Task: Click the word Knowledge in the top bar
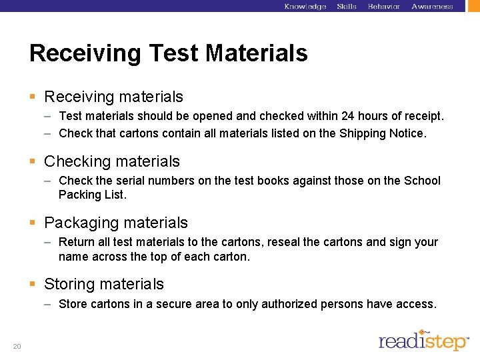pyautogui.click(x=305, y=7)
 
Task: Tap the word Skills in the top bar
pyautogui.click(x=347, y=7)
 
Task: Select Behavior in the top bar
pyautogui.click(x=384, y=7)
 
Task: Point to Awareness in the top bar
pyautogui.click(x=432, y=7)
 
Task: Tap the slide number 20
pyautogui.click(x=17, y=346)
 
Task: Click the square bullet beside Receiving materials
pyautogui.click(x=33, y=97)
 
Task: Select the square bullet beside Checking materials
pyautogui.click(x=33, y=161)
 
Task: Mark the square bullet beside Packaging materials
pyautogui.click(x=33, y=223)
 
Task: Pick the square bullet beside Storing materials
pyautogui.click(x=33, y=284)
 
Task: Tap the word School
pyautogui.click(x=422, y=181)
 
